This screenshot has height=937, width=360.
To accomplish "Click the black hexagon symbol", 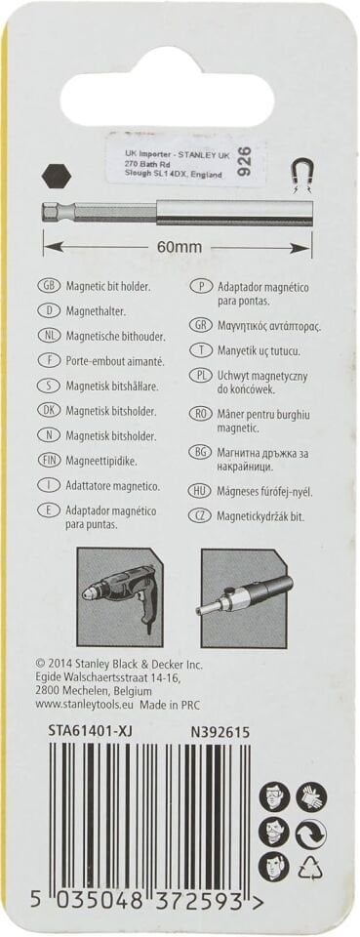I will point(57,177).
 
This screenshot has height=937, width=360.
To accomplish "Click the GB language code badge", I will point(48,285).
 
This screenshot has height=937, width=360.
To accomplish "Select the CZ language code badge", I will point(201,513).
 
